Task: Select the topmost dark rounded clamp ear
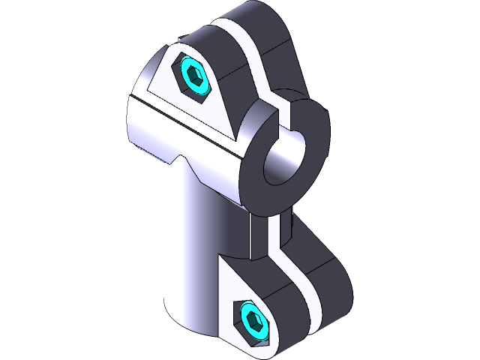[270, 30]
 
